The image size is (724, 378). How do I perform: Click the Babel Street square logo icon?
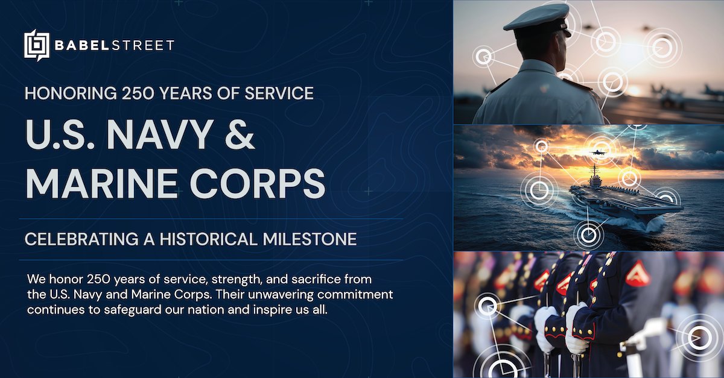(x=36, y=45)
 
